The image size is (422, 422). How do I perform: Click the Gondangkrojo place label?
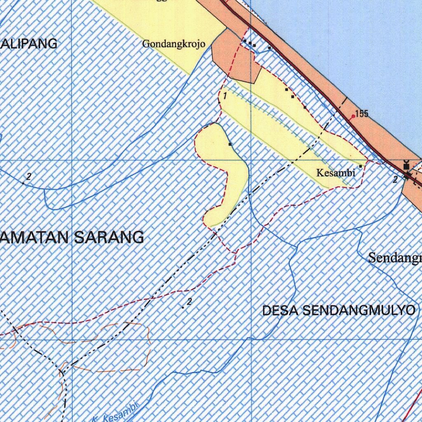[173, 44]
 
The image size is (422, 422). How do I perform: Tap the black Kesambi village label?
[335, 173]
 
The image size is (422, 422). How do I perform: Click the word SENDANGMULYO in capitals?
[359, 310]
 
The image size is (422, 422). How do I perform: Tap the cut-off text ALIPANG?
[29, 44]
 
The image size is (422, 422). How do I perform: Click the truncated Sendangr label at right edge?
[395, 258]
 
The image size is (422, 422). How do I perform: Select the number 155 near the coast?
[361, 114]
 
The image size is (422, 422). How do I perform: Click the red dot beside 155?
[353, 117]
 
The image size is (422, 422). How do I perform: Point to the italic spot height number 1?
[225, 96]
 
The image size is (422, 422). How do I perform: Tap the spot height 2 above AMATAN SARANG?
[28, 177]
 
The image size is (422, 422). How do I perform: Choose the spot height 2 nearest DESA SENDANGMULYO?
[189, 302]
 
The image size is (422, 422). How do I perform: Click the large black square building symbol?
[407, 166]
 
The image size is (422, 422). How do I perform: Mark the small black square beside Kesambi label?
[361, 166]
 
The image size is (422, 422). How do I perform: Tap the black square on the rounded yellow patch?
[230, 144]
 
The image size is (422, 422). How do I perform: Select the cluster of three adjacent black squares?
[249, 43]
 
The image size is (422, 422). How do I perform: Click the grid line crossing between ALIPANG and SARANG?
[72, 159]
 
